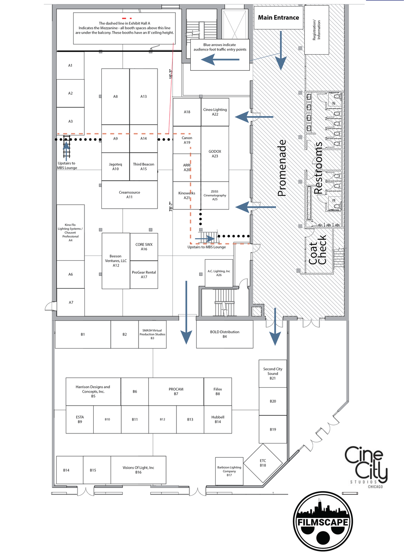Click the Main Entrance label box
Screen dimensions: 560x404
click(x=278, y=17)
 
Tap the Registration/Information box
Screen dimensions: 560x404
click(x=316, y=30)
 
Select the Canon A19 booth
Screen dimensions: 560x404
click(x=187, y=140)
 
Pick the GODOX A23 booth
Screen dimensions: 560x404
click(x=215, y=154)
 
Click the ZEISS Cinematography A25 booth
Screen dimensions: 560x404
click(x=215, y=195)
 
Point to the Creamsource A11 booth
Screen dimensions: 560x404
click(x=129, y=194)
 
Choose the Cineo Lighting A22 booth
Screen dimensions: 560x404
click(x=215, y=112)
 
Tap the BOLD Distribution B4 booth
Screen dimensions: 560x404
click(x=225, y=334)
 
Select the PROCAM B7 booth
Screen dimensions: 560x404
click(x=176, y=391)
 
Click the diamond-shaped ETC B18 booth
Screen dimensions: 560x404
click(x=263, y=463)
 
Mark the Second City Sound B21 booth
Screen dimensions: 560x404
click(x=273, y=374)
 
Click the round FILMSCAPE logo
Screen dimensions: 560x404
click(x=323, y=521)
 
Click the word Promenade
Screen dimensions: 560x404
click(x=282, y=168)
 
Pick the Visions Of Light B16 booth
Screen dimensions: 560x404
click(x=138, y=470)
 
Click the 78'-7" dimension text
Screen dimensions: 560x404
click(x=171, y=206)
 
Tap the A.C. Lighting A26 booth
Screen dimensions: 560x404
click(x=219, y=273)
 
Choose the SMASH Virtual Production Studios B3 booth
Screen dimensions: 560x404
click(x=152, y=334)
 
